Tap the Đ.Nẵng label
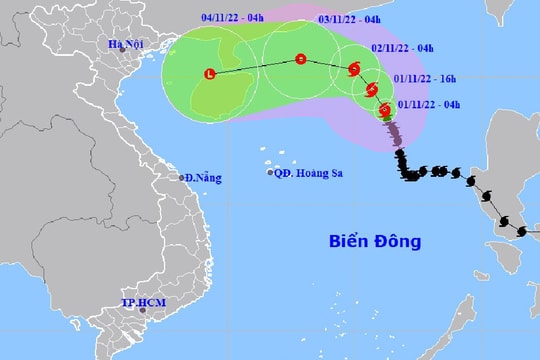(x=205, y=178)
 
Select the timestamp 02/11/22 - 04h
(x=403, y=47)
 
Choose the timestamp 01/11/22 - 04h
(x=431, y=103)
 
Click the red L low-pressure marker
(x=209, y=74)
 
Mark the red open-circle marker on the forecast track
(x=301, y=60)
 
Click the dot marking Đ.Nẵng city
(x=183, y=178)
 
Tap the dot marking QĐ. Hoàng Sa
(x=271, y=173)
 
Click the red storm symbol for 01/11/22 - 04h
(x=385, y=110)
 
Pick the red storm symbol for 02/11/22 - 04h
(x=354, y=69)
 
